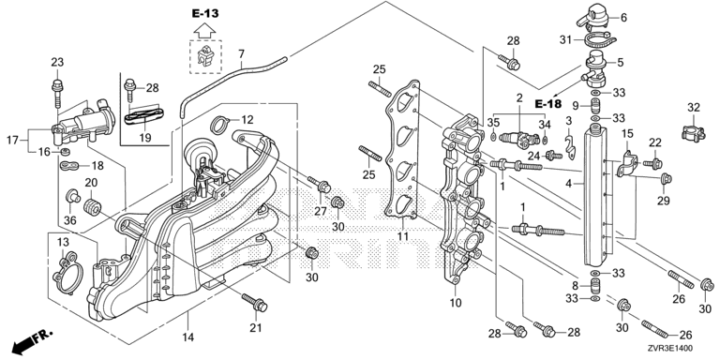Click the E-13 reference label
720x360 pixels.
[x=205, y=14]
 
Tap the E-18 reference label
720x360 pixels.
[x=548, y=104]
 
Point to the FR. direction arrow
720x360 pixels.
[x=33, y=339]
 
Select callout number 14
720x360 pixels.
[x=188, y=337]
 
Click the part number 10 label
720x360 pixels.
[x=456, y=303]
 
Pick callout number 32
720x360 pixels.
[x=694, y=108]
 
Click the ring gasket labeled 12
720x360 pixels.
[x=221, y=125]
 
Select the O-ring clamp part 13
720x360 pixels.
[x=67, y=273]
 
